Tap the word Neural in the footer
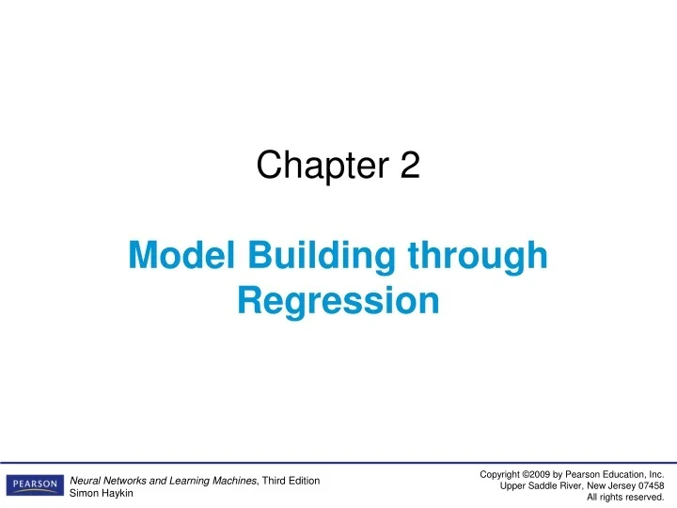point(87,481)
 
